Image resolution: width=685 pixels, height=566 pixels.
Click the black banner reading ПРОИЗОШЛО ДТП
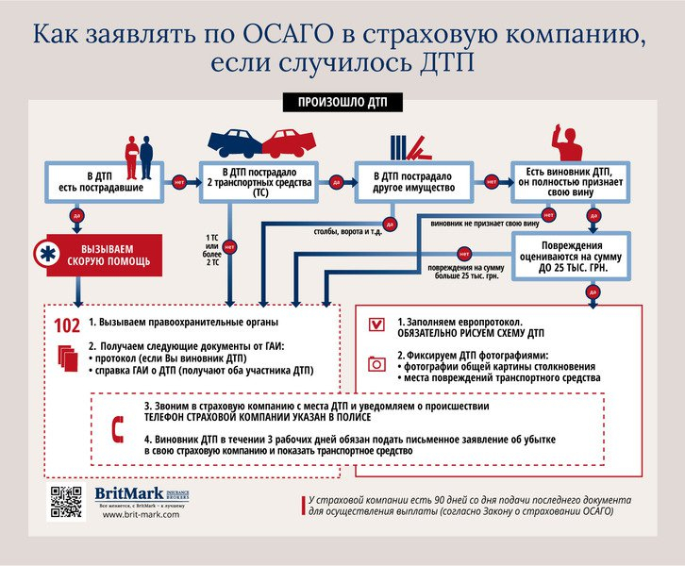coord(342,101)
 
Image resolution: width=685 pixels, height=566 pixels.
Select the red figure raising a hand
coord(568,141)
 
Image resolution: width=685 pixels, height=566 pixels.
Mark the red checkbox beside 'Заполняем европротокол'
coord(376,324)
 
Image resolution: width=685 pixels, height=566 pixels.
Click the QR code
coord(67,502)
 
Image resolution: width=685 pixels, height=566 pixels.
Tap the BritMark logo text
coord(130,494)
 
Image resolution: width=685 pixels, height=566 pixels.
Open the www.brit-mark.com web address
coord(139,514)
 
